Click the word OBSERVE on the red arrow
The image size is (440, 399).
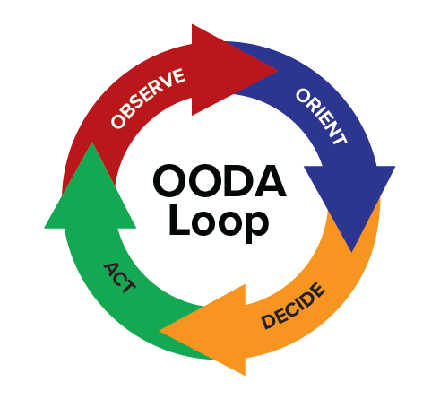coord(148,99)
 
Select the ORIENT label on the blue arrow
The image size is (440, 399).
coord(322,117)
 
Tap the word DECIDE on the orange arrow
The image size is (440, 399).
coord(293,306)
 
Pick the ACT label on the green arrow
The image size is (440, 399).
coord(119,278)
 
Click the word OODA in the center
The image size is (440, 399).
coord(220,181)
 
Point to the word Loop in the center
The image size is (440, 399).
coord(219,223)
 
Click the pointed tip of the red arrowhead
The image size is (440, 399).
coord(278,71)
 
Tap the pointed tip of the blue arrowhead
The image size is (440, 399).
coord(351,252)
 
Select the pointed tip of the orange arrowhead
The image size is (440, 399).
coord(160,331)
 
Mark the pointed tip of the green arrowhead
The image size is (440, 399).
coord(92,143)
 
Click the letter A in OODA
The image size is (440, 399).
coord(271,181)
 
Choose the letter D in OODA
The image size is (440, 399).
coord(238,181)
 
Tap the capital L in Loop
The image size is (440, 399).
coord(179,219)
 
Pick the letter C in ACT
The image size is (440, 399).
coord(119,278)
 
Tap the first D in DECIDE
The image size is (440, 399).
coord(268,322)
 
